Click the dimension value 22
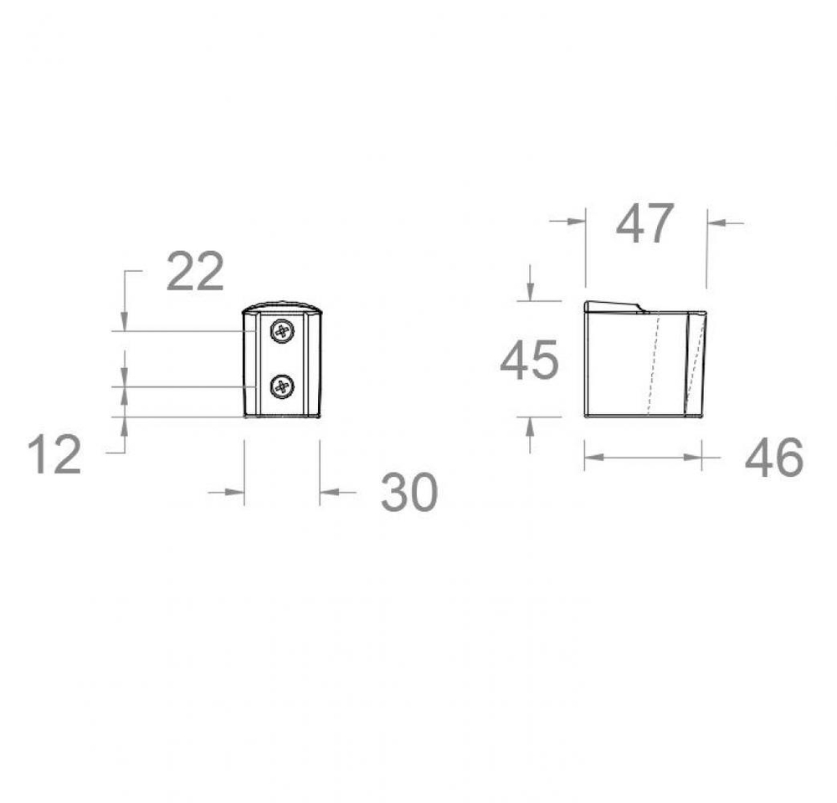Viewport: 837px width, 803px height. pos(195,272)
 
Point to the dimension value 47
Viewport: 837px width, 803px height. pos(644,224)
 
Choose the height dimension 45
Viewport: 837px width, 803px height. pos(529,361)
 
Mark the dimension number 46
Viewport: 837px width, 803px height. pos(774,458)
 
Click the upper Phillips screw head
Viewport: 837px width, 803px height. pos(283,332)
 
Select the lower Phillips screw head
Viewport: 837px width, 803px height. pos(283,386)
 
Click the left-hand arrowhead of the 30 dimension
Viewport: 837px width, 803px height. pos(236,492)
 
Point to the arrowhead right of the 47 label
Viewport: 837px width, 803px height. pos(715,222)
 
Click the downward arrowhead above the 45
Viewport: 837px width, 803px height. pos(529,293)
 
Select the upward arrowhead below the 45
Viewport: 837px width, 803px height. pos(529,424)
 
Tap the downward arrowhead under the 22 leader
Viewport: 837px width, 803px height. pos(125,322)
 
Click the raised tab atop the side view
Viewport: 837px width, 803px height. pos(614,306)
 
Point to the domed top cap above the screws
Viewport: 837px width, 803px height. pos(283,306)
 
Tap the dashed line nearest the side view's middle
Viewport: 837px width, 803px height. pos(654,364)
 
